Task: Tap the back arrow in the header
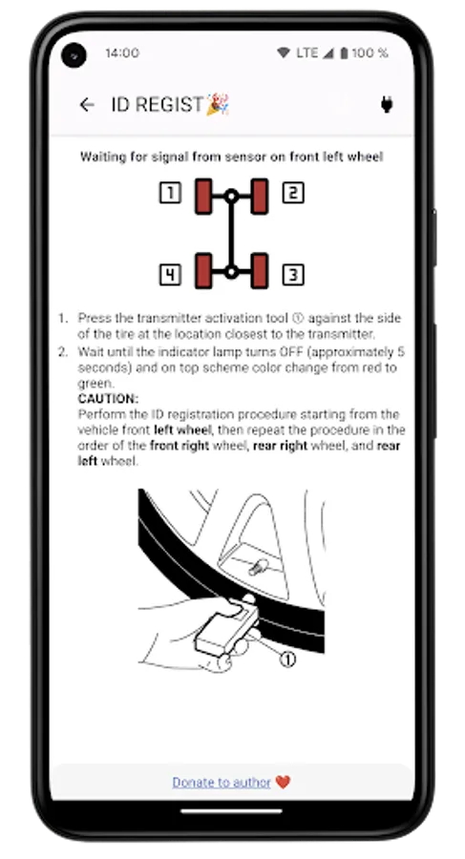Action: [87, 105]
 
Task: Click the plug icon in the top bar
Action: [388, 105]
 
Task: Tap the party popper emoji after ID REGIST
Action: [219, 104]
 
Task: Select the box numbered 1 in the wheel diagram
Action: [170, 195]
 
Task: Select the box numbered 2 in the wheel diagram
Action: [293, 195]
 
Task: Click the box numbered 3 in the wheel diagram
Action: [293, 276]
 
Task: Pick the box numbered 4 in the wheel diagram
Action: [170, 276]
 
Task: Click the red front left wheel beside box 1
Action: [203, 196]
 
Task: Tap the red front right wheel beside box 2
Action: [259, 196]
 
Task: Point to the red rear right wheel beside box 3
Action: [259, 271]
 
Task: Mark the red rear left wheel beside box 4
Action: [203, 271]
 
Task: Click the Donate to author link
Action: [222, 782]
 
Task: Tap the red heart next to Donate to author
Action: [283, 782]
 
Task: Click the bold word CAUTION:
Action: [108, 398]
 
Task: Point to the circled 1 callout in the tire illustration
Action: [286, 659]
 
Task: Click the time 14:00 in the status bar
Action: [121, 53]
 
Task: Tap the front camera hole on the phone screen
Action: [74, 55]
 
